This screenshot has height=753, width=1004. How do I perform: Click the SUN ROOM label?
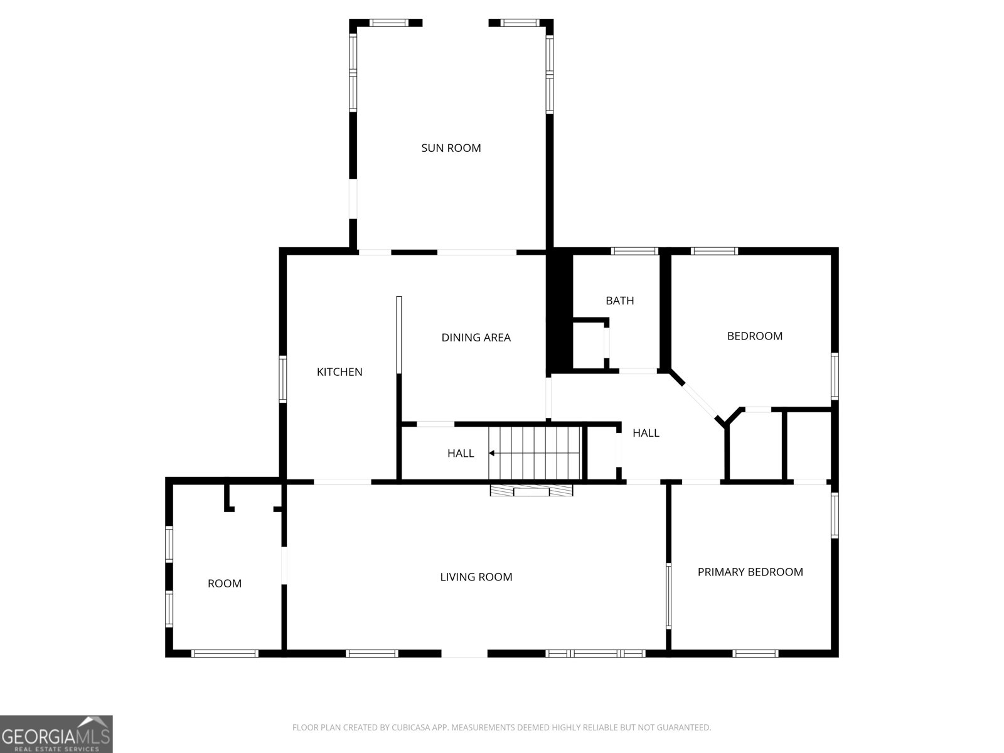pos(451,148)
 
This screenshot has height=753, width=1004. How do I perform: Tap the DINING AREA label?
pos(476,338)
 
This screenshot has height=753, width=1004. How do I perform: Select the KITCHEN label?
pos(339,372)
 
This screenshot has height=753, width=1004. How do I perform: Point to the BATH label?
pos(619,301)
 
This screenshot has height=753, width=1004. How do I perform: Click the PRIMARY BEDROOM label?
pos(750,572)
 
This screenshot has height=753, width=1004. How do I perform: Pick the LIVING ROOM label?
pos(476,577)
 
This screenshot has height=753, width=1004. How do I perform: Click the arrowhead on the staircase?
pos(492,453)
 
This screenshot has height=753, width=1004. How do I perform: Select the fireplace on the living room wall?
pos(531,490)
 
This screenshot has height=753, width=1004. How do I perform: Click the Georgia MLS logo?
pos(56,734)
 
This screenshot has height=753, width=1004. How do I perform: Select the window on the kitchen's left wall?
pos(283,379)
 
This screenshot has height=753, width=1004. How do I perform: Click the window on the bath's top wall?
pos(634,251)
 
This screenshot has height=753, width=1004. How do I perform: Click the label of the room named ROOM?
pos(224,584)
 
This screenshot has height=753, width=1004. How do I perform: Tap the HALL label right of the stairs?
pos(646,433)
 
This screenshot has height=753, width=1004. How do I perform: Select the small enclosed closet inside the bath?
pos(589,344)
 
